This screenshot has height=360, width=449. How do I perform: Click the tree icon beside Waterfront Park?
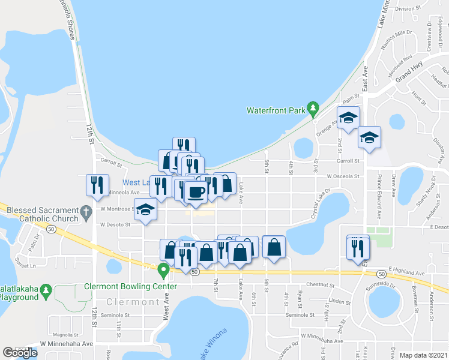click(x=312, y=109)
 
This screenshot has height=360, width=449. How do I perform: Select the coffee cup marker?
click(x=196, y=192)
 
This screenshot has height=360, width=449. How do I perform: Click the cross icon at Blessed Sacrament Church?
click(x=86, y=211)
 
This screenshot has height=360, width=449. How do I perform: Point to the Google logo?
click(x=19, y=353)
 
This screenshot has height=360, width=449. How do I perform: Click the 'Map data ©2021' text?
click(x=423, y=355)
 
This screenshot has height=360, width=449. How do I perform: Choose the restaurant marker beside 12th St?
click(x=97, y=185)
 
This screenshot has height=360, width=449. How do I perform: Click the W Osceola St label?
click(x=343, y=177)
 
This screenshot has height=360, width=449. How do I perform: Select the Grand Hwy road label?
click(x=409, y=70)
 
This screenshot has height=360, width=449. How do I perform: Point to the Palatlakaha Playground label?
click(x=22, y=293)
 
